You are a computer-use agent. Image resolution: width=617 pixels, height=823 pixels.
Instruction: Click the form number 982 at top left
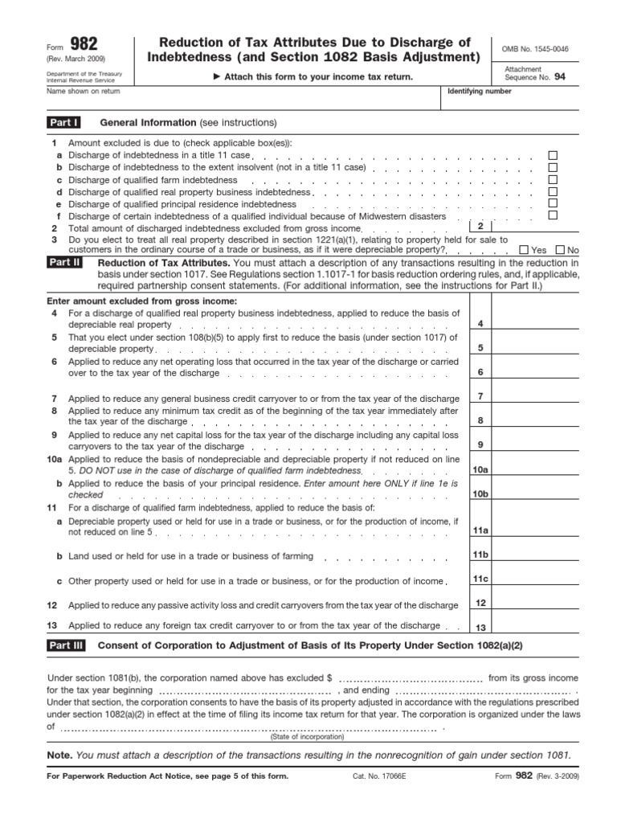tap(82, 45)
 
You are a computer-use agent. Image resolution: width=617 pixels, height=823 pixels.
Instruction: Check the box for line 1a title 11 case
tap(552, 155)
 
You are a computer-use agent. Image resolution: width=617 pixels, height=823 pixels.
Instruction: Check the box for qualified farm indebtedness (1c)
tap(552, 180)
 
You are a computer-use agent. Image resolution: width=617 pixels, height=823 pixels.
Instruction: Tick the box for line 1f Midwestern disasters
tap(552, 216)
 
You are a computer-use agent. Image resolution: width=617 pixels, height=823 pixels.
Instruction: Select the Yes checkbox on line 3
tap(525, 250)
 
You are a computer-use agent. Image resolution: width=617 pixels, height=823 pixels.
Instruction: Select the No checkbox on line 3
tap(560, 250)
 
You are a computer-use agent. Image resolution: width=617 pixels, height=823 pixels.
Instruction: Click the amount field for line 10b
tap(535, 493)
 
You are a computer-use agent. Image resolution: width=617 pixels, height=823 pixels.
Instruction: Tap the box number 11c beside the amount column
tap(480, 579)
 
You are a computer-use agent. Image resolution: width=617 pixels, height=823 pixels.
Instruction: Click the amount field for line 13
tap(535, 627)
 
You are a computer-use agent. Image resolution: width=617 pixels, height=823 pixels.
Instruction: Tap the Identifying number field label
tap(479, 92)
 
